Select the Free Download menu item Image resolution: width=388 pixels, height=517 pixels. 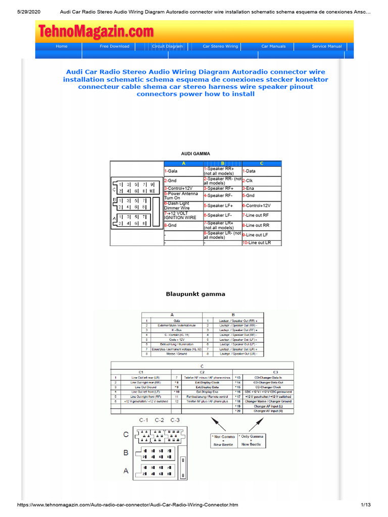coord(114,46)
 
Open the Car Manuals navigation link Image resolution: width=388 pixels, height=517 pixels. coord(273,46)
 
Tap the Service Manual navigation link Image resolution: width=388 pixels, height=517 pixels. coord(326,46)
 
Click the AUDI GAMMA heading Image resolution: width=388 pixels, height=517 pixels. coord(196,153)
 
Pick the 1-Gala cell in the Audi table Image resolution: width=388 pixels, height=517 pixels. coord(183,171)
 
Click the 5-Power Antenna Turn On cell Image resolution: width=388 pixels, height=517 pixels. coord(183,195)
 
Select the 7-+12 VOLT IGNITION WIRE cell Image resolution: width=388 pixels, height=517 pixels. coord(183,216)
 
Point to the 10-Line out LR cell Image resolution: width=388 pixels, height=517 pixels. coord(261,243)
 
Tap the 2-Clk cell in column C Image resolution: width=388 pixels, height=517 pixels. coord(261,181)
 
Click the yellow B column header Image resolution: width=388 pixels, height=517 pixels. coord(222,164)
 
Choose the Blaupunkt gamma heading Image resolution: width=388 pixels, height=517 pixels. coord(196,294)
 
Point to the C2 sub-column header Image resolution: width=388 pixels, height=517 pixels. coord(201,372)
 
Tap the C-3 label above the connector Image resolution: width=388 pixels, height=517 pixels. coord(176,420)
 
